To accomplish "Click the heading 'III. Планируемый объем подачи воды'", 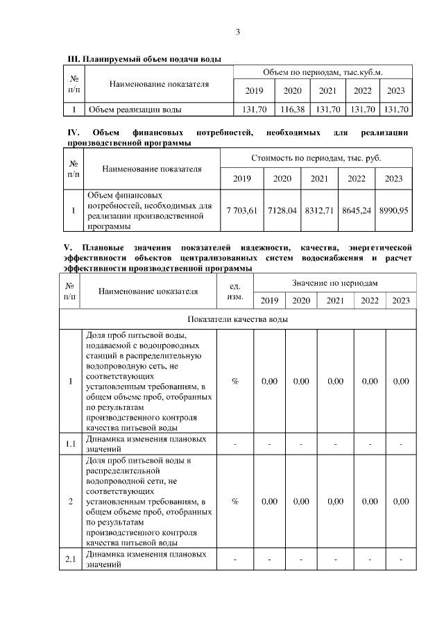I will click(144, 58).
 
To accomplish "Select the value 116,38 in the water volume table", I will click(293, 109).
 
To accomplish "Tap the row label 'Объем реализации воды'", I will click(135, 109).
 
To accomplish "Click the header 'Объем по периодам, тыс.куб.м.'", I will click(323, 72).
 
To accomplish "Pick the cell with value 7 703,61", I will click(242, 210).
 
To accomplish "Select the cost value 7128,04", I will click(282, 210).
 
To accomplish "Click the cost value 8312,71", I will click(319, 210).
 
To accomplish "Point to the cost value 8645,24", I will click(357, 210).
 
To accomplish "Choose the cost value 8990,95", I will click(393, 210).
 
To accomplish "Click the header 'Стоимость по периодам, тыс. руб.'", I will click(316, 158).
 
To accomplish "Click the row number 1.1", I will click(70, 443).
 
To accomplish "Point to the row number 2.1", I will click(70, 559).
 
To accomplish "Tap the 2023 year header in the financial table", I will click(393, 179).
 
